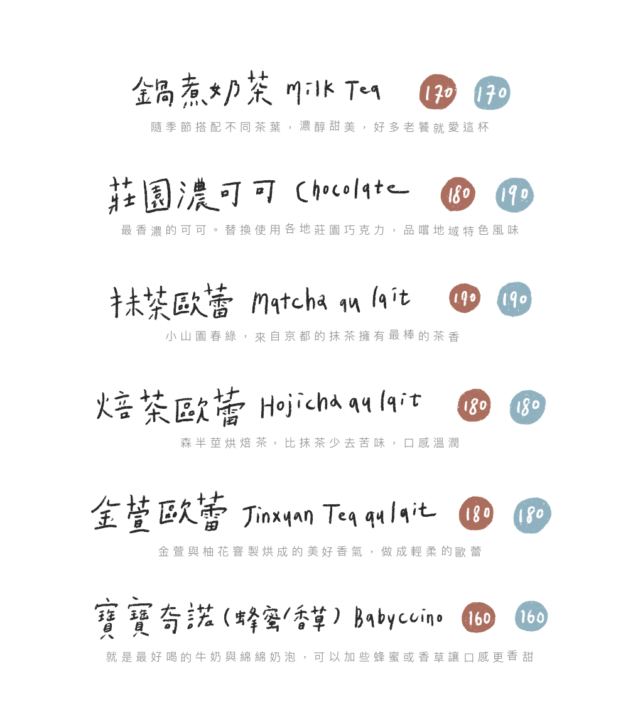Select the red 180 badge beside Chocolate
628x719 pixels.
(x=458, y=195)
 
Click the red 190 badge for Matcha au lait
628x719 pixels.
(x=465, y=298)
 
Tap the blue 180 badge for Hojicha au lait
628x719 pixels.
(x=528, y=407)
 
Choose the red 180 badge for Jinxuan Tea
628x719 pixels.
(x=476, y=514)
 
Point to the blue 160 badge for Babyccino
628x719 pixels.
(x=532, y=617)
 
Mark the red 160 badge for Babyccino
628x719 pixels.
(x=479, y=619)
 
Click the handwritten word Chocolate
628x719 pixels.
(x=352, y=191)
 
